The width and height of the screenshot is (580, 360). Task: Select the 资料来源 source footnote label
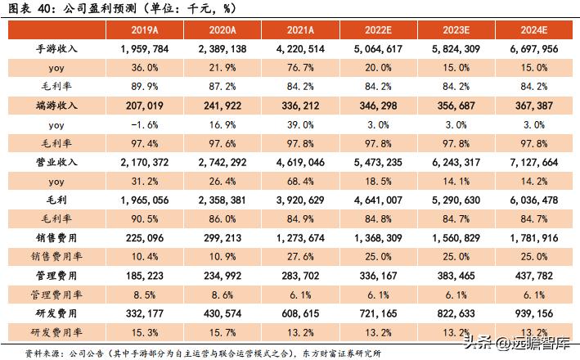[44, 353]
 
